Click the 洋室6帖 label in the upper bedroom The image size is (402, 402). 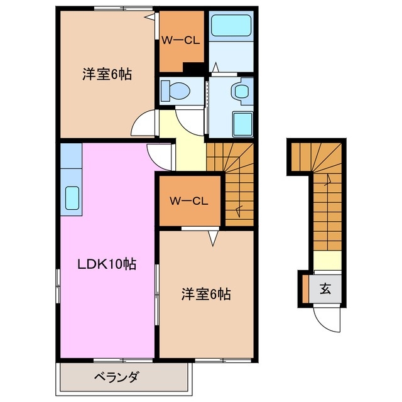pos(106,73)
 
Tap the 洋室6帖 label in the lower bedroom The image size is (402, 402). pos(206,293)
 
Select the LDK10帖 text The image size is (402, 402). pos(107,264)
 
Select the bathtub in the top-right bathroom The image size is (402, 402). pos(231,26)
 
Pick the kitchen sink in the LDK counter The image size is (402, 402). pos(72,198)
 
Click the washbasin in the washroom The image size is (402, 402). pos(241,90)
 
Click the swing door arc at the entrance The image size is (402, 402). pos(326,320)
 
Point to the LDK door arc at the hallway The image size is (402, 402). pos(160,155)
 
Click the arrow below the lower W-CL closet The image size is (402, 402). pos(214,237)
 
